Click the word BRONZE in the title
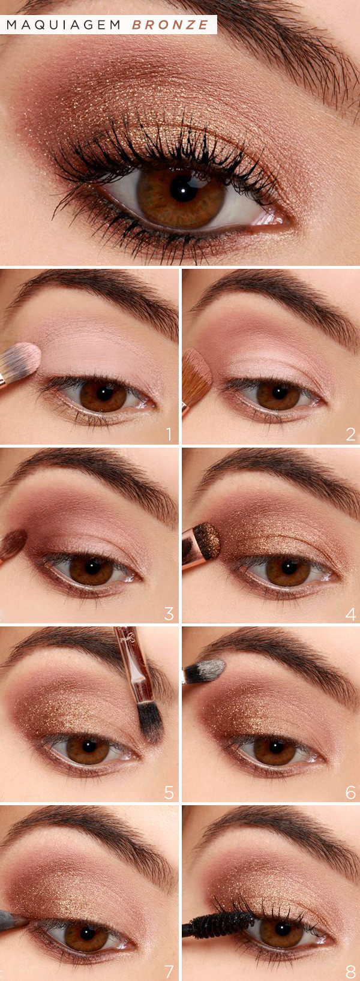[170, 25]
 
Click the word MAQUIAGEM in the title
[64, 25]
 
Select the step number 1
[169, 434]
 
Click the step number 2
[350, 434]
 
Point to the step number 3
[169, 613]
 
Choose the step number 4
[350, 613]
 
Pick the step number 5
[169, 792]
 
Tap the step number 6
[350, 792]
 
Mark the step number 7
[169, 971]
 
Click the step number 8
[350, 971]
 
